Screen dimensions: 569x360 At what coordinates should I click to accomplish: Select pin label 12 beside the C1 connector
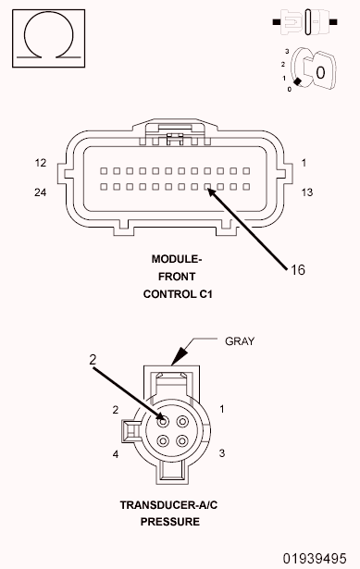(x=41, y=163)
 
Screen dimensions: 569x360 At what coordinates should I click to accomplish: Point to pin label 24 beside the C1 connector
(x=41, y=192)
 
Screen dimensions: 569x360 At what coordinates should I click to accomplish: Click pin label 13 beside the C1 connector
(x=307, y=192)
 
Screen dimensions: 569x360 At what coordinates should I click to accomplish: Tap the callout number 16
(x=297, y=270)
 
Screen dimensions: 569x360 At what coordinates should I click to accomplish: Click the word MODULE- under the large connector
(x=178, y=259)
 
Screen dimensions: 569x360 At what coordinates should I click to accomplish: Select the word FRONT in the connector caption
(x=178, y=277)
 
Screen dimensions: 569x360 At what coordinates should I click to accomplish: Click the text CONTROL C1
(x=178, y=294)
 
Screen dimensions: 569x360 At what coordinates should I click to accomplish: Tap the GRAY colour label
(x=240, y=340)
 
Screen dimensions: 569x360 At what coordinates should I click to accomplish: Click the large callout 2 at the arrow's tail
(x=93, y=360)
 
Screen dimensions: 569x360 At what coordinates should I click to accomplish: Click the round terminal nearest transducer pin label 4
(x=164, y=440)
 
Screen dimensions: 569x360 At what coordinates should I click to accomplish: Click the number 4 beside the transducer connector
(x=116, y=454)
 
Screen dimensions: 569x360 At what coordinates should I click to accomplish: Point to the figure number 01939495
(x=319, y=559)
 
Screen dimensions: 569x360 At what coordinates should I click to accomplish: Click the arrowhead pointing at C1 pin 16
(x=212, y=192)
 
